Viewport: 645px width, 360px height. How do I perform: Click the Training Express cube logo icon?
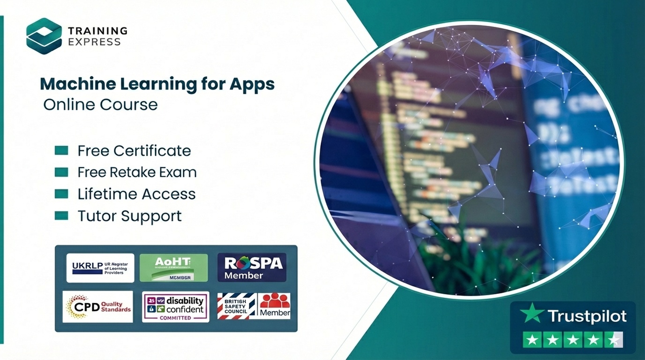(44, 36)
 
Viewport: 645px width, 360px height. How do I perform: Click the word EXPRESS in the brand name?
(94, 42)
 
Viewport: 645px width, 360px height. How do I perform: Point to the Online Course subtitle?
(100, 104)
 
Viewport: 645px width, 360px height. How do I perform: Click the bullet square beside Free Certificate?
(61, 150)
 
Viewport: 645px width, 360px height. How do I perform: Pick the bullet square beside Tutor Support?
(61, 216)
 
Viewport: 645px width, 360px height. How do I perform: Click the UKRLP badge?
(100, 268)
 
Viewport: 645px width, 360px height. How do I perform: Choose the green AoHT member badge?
(173, 268)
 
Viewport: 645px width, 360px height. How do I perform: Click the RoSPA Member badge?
(252, 268)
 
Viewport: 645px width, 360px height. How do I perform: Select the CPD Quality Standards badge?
(98, 307)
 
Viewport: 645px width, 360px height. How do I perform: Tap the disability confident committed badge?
(176, 307)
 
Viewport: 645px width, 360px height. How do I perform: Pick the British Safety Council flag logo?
(237, 306)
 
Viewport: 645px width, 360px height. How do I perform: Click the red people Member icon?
(275, 306)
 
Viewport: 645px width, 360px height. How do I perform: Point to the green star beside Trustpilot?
(532, 313)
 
